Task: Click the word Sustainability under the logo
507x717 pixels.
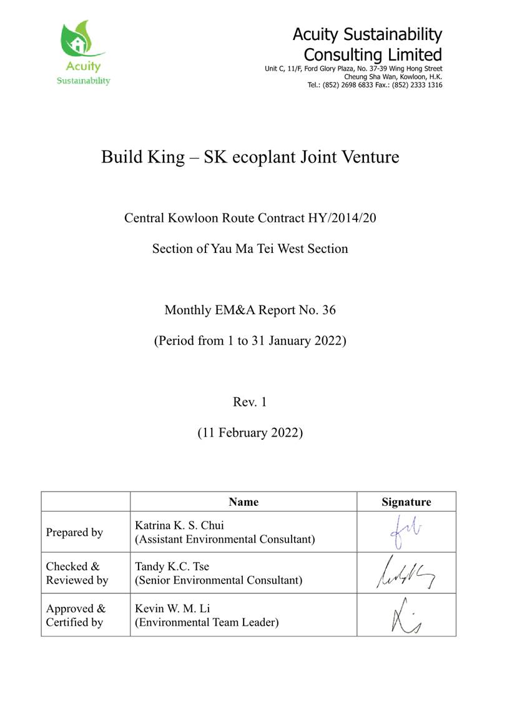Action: coord(84,81)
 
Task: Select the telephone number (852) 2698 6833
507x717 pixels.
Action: coord(354,85)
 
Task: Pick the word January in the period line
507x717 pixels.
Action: coord(285,342)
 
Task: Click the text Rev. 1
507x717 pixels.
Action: coord(250,402)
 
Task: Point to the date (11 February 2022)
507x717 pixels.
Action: coord(250,432)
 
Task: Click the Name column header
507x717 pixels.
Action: coord(243,502)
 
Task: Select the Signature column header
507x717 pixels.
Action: coord(406,502)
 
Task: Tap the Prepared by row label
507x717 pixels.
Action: coord(74,533)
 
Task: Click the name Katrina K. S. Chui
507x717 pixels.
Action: coord(179,525)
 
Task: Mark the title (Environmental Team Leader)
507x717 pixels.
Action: coord(206,622)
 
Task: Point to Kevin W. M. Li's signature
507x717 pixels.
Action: coord(406,615)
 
